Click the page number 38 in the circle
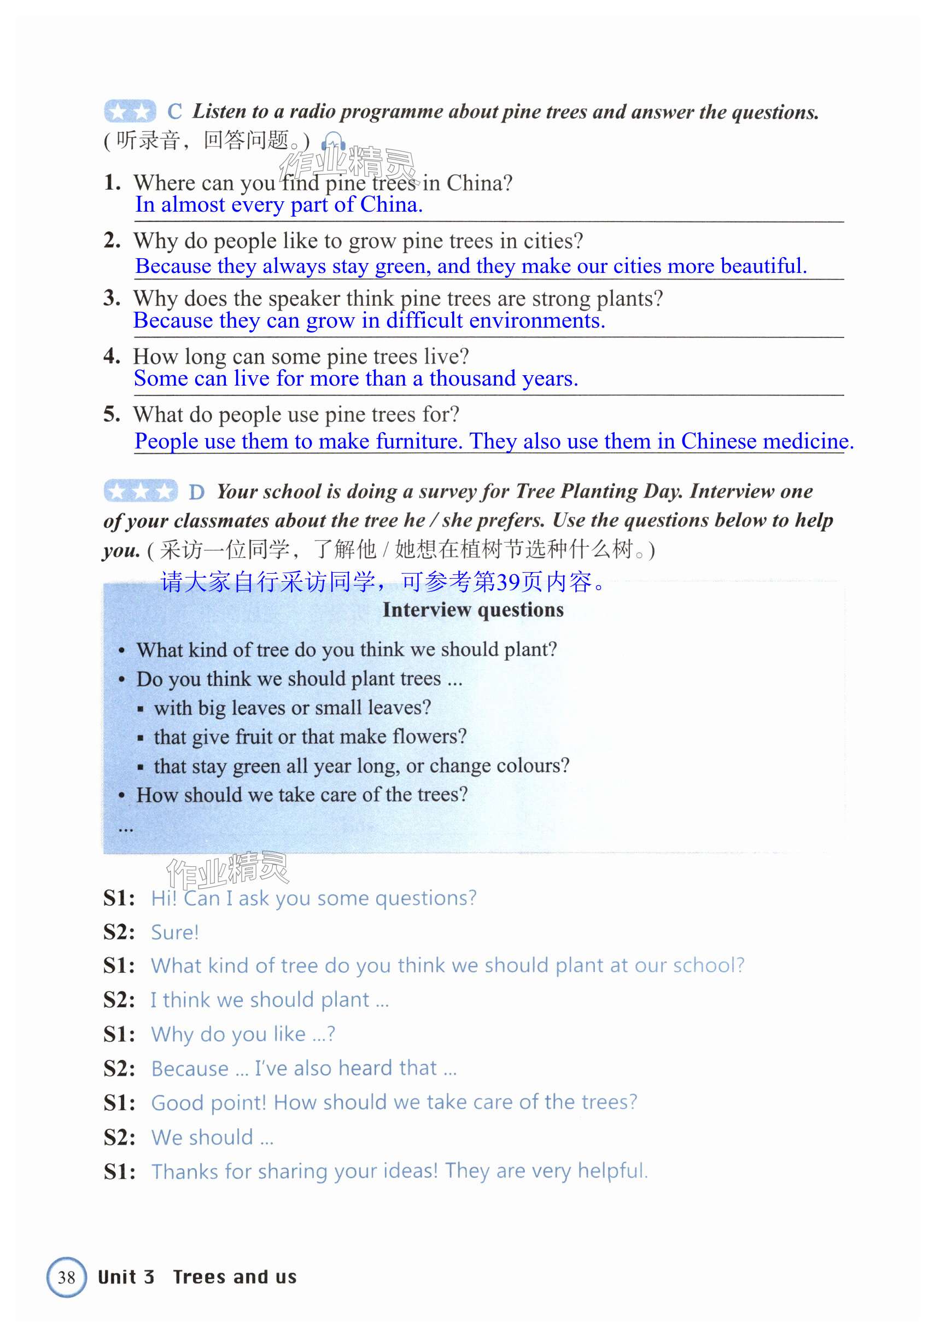(66, 1278)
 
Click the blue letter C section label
(174, 111)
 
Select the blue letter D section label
(196, 492)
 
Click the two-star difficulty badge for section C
(130, 111)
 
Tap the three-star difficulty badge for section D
(141, 491)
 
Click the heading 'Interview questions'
(473, 609)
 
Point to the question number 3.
(111, 298)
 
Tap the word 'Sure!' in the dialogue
(174, 932)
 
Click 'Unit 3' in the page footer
(126, 1278)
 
